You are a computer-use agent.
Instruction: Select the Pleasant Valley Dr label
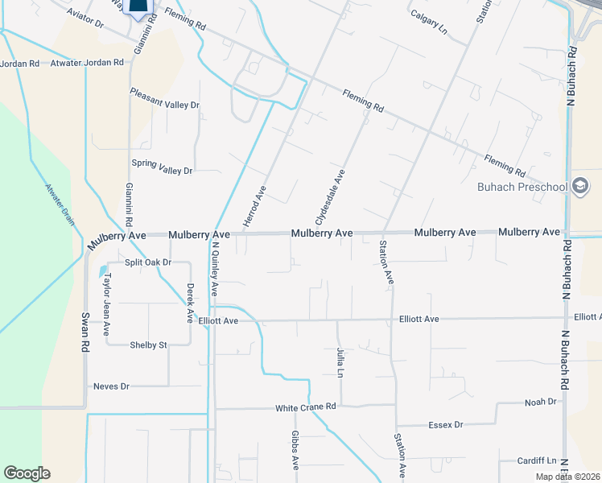tap(164, 105)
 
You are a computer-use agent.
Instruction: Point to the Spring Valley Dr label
tap(163, 171)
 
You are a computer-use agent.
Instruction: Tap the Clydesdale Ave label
tap(330, 197)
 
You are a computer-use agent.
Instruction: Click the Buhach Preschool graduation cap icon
tap(579, 187)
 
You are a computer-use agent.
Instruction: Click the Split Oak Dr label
tap(147, 262)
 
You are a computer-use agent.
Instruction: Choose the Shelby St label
tap(148, 345)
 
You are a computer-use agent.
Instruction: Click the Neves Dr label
tap(111, 386)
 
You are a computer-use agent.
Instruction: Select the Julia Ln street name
tap(340, 363)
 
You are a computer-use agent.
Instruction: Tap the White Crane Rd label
tap(305, 407)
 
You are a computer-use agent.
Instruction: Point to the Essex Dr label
tap(448, 424)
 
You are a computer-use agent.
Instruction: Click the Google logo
tap(27, 473)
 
